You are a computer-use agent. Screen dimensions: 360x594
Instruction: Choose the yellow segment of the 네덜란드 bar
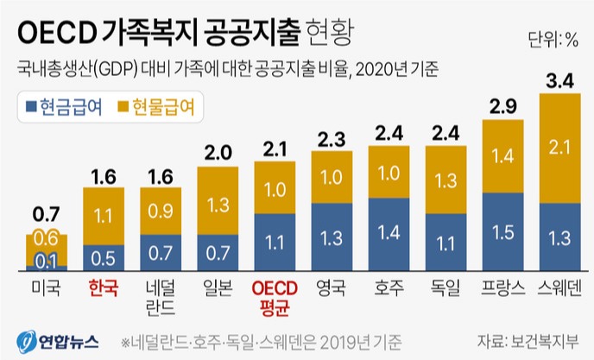(x=161, y=212)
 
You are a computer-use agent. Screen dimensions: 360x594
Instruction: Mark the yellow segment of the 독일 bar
(x=446, y=180)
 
